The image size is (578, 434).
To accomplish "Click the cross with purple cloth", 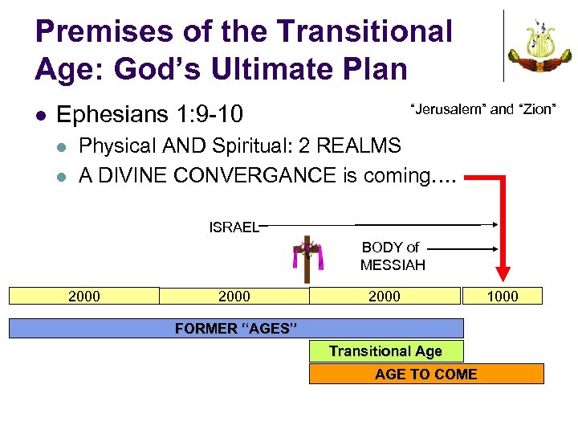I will (306, 259).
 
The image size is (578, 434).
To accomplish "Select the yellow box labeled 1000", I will (503, 296).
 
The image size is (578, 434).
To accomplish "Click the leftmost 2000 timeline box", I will (84, 296).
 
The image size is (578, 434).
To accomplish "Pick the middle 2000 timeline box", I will (234, 296).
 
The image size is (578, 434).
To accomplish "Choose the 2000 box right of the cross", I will (385, 296).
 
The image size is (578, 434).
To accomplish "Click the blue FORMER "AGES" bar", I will (236, 328).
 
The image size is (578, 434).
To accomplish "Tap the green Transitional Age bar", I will (385, 350).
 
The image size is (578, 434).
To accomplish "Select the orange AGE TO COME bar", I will (426, 374).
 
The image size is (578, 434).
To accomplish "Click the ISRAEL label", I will (234, 227).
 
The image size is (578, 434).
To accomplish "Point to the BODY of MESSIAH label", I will (392, 256).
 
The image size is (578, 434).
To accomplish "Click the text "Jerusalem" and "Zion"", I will (483, 108).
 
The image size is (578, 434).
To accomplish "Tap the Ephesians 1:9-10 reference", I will (150, 115).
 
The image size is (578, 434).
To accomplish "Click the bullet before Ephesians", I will (42, 116).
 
